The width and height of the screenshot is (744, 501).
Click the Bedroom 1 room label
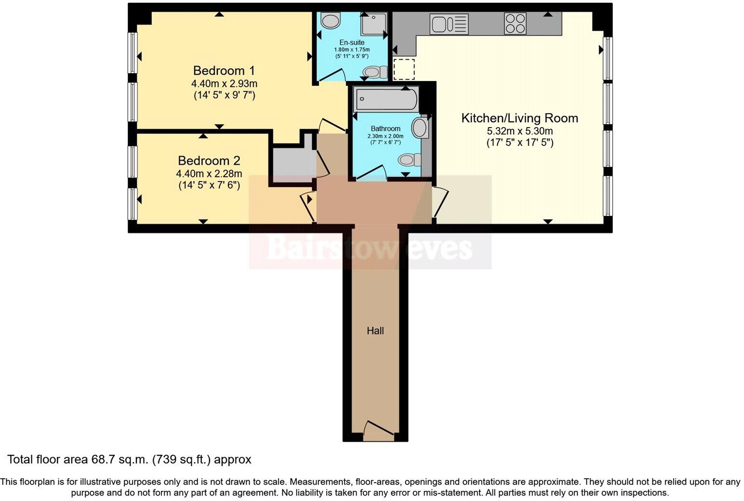click(224, 70)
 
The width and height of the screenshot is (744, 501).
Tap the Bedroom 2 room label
click(209, 160)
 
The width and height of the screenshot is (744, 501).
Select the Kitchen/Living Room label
click(519, 118)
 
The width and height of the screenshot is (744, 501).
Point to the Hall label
click(375, 331)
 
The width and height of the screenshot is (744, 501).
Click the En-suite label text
click(352, 42)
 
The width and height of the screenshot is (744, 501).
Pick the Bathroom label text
click(385, 129)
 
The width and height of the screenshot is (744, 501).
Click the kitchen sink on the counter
click(449, 24)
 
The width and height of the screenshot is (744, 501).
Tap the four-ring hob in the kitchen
click(515, 24)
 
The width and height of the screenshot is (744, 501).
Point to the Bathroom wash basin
click(420, 129)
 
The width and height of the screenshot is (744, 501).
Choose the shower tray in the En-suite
click(373, 24)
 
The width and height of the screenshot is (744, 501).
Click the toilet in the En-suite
click(375, 73)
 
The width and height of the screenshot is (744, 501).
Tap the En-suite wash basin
click(331, 21)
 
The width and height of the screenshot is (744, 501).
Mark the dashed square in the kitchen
click(404, 69)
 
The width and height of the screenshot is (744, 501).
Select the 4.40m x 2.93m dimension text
click(224, 84)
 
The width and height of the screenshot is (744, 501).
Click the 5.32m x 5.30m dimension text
click(519, 131)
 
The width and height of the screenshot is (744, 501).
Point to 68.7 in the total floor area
click(101, 460)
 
